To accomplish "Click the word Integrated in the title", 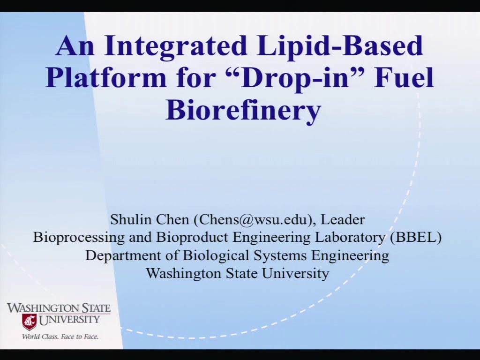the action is (175, 46).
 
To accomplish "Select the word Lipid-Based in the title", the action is (340, 46).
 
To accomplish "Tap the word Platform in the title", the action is (106, 78).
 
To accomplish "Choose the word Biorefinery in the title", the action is (243, 110).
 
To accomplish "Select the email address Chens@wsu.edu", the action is (253, 220).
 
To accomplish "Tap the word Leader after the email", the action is (343, 219).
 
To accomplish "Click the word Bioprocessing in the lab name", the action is (79, 237).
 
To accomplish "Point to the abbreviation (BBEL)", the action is (416, 237).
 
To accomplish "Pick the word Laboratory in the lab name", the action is (350, 237).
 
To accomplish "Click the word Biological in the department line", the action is (216, 255).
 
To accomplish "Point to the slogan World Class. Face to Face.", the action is (60, 337).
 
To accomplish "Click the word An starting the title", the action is (75, 46).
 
